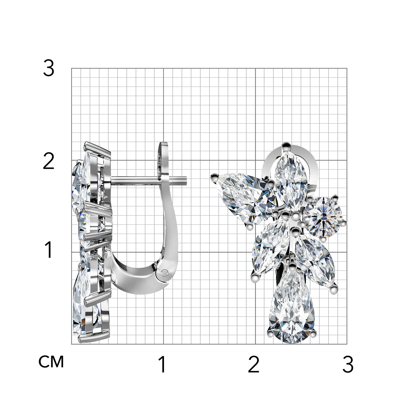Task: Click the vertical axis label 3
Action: click(49, 68)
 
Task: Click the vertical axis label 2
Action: click(49, 161)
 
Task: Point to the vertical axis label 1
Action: click(49, 249)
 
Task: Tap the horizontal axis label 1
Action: click(162, 364)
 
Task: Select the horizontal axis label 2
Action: click(254, 364)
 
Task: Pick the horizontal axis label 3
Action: click(348, 364)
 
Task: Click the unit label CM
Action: click(51, 362)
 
